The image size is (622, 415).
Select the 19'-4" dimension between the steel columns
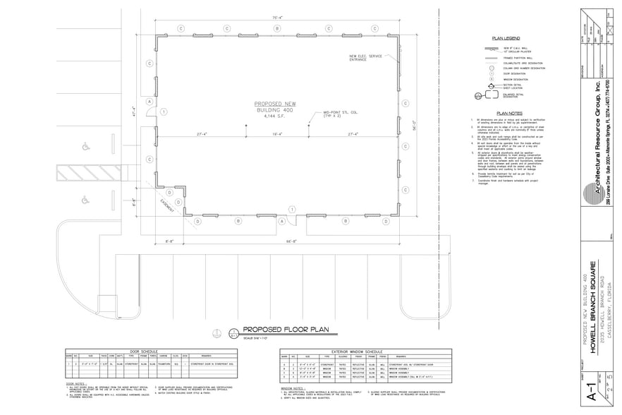[277, 133]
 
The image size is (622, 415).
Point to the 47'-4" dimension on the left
[134, 112]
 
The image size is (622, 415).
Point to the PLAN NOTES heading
[508, 113]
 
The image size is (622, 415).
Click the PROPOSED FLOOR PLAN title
[276, 330]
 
